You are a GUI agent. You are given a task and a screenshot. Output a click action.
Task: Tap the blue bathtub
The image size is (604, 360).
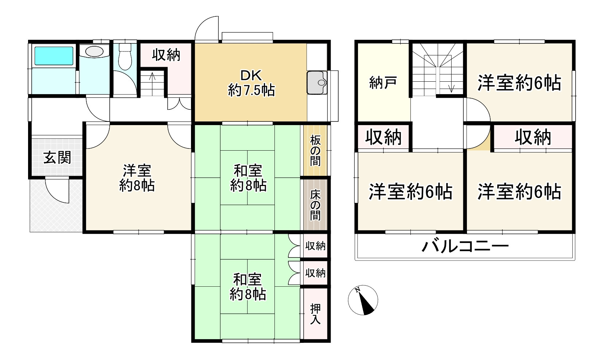point(54,56)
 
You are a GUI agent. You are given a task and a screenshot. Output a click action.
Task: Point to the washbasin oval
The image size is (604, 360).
point(94,51)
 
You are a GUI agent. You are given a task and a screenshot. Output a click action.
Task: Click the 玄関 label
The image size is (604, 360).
point(57,158)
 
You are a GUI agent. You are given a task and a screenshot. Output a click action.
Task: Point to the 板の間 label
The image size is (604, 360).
point(315,150)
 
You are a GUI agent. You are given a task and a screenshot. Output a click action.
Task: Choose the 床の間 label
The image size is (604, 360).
point(315,205)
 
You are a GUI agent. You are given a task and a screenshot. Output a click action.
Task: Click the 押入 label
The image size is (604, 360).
point(315,314)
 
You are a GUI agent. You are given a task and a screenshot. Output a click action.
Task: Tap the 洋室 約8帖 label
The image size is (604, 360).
point(137,178)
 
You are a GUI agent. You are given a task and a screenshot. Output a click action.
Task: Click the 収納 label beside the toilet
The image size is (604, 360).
point(166,55)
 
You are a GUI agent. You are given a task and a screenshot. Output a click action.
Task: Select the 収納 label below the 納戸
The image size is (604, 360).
point(383,138)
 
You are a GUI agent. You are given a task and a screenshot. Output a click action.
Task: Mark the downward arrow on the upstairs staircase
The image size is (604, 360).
point(452,88)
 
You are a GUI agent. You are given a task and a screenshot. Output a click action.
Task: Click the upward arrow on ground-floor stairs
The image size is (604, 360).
point(152,77)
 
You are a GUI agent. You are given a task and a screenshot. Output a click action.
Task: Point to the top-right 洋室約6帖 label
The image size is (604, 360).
point(519,83)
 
